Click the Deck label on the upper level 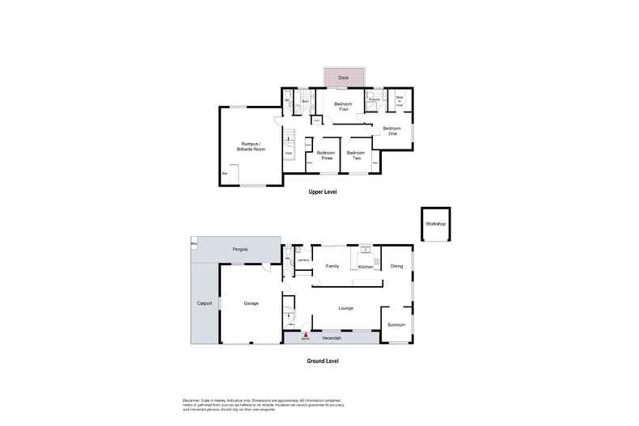click(343, 78)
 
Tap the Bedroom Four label click(343, 107)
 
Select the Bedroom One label click(391, 131)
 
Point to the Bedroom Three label click(325, 155)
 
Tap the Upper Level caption click(322, 192)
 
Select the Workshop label click(437, 223)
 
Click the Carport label click(205, 303)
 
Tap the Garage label click(251, 303)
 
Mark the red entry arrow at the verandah click(306, 333)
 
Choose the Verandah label click(331, 338)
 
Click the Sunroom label click(396, 324)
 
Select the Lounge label click(346, 307)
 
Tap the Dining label click(396, 266)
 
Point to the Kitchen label click(366, 267)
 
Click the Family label click(332, 265)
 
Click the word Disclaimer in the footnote click(191, 400)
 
